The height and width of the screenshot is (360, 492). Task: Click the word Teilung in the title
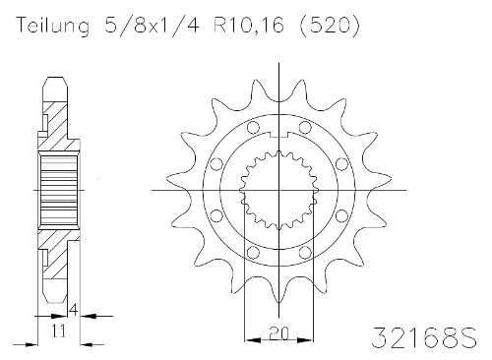52,25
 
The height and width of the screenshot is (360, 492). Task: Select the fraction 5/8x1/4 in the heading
152,25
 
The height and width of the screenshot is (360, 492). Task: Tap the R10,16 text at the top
249,25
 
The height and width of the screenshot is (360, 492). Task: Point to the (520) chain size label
330,25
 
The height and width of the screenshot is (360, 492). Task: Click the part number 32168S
424,337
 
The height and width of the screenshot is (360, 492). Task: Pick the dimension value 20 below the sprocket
278,332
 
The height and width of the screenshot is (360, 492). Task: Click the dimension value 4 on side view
74,310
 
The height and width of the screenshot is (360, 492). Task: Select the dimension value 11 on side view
59,330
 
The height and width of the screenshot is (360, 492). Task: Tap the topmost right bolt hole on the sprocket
305,127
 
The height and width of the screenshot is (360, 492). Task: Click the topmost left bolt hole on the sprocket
253,127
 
